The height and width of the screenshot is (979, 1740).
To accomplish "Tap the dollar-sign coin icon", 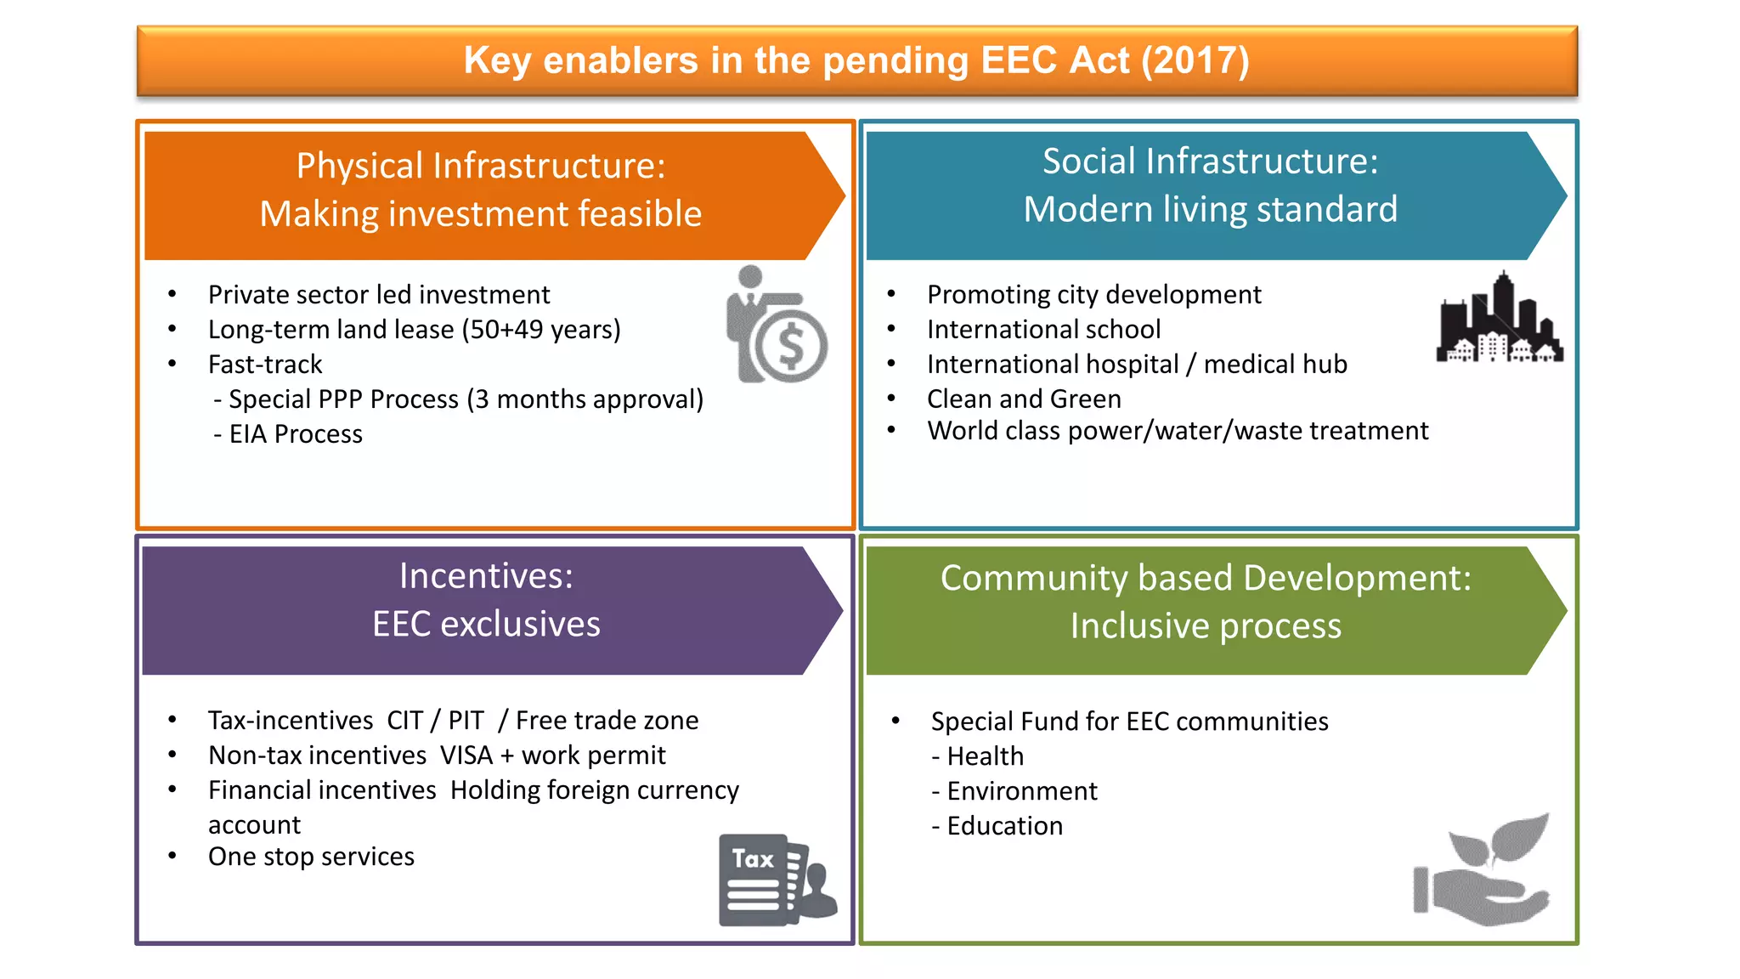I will click(791, 346).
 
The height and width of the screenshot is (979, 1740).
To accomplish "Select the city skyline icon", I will click(1500, 320).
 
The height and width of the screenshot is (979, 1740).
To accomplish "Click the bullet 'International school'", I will click(1043, 330).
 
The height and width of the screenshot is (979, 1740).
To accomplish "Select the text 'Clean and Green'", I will click(1024, 399).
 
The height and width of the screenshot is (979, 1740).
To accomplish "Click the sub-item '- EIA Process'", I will click(288, 434).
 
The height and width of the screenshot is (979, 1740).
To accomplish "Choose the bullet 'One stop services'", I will click(311, 857).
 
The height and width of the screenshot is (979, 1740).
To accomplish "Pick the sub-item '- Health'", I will click(977, 756).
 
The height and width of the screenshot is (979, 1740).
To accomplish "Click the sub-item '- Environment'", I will click(1014, 791).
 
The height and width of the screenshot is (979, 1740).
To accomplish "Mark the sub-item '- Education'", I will click(997, 826).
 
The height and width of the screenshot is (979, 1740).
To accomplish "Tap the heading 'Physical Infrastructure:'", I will click(481, 166).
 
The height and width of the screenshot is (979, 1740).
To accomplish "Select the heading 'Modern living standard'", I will click(1210, 210).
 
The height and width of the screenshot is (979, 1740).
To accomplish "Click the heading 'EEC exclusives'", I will click(486, 625).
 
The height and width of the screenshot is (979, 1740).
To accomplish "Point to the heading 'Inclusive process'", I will click(1206, 626).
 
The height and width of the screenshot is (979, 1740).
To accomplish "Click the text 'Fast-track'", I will click(265, 365).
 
